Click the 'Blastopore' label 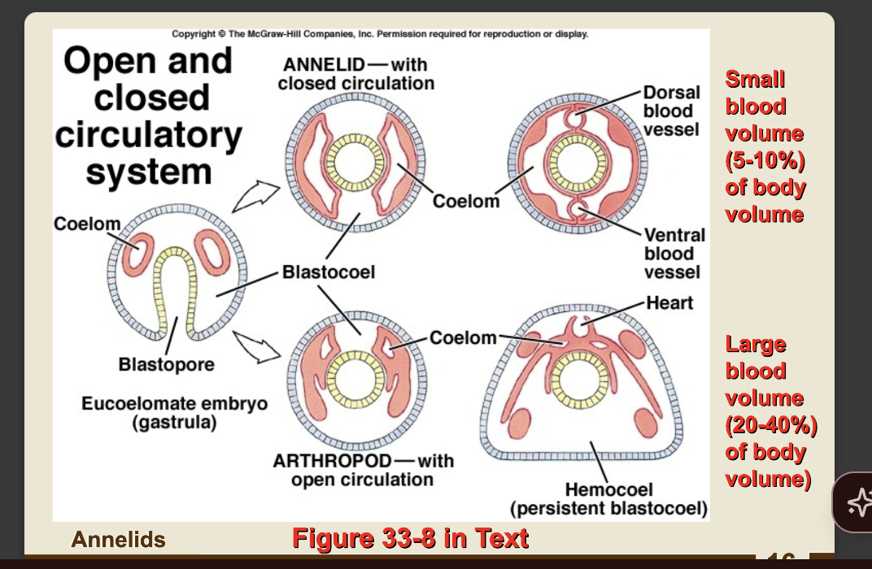167,364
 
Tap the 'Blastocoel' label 329,272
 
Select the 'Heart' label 669,303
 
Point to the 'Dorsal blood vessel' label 671,111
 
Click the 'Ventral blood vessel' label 674,253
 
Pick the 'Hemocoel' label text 608,489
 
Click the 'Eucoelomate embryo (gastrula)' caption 174,413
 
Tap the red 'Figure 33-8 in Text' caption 410,538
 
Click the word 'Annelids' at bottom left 118,540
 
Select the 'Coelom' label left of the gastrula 87,224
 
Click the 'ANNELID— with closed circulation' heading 355,74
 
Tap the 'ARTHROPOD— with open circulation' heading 363,471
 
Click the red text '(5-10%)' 765,161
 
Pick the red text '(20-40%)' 770,425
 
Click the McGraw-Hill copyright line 380,34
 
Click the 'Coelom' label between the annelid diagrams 465,201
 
